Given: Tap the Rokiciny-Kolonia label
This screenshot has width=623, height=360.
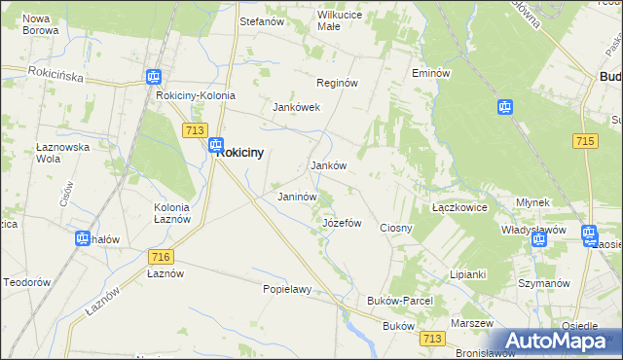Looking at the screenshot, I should [x=194, y=96].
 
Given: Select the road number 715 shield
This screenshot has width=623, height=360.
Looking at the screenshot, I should [x=585, y=142].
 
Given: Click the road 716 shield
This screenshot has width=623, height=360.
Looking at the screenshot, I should [x=162, y=256].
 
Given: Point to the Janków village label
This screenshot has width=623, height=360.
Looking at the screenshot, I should [x=329, y=166].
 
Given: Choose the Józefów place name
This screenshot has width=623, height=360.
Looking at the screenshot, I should [x=342, y=223].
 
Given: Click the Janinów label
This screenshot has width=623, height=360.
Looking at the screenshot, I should [x=298, y=197].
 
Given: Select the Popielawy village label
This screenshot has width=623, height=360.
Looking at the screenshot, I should [x=287, y=289].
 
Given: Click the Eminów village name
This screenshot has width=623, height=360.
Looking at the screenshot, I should [x=430, y=73].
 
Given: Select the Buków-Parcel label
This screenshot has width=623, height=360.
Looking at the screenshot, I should [x=399, y=301].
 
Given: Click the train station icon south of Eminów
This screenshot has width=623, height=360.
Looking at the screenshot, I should [x=505, y=107].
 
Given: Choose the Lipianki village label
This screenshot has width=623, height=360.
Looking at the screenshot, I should [x=467, y=274].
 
